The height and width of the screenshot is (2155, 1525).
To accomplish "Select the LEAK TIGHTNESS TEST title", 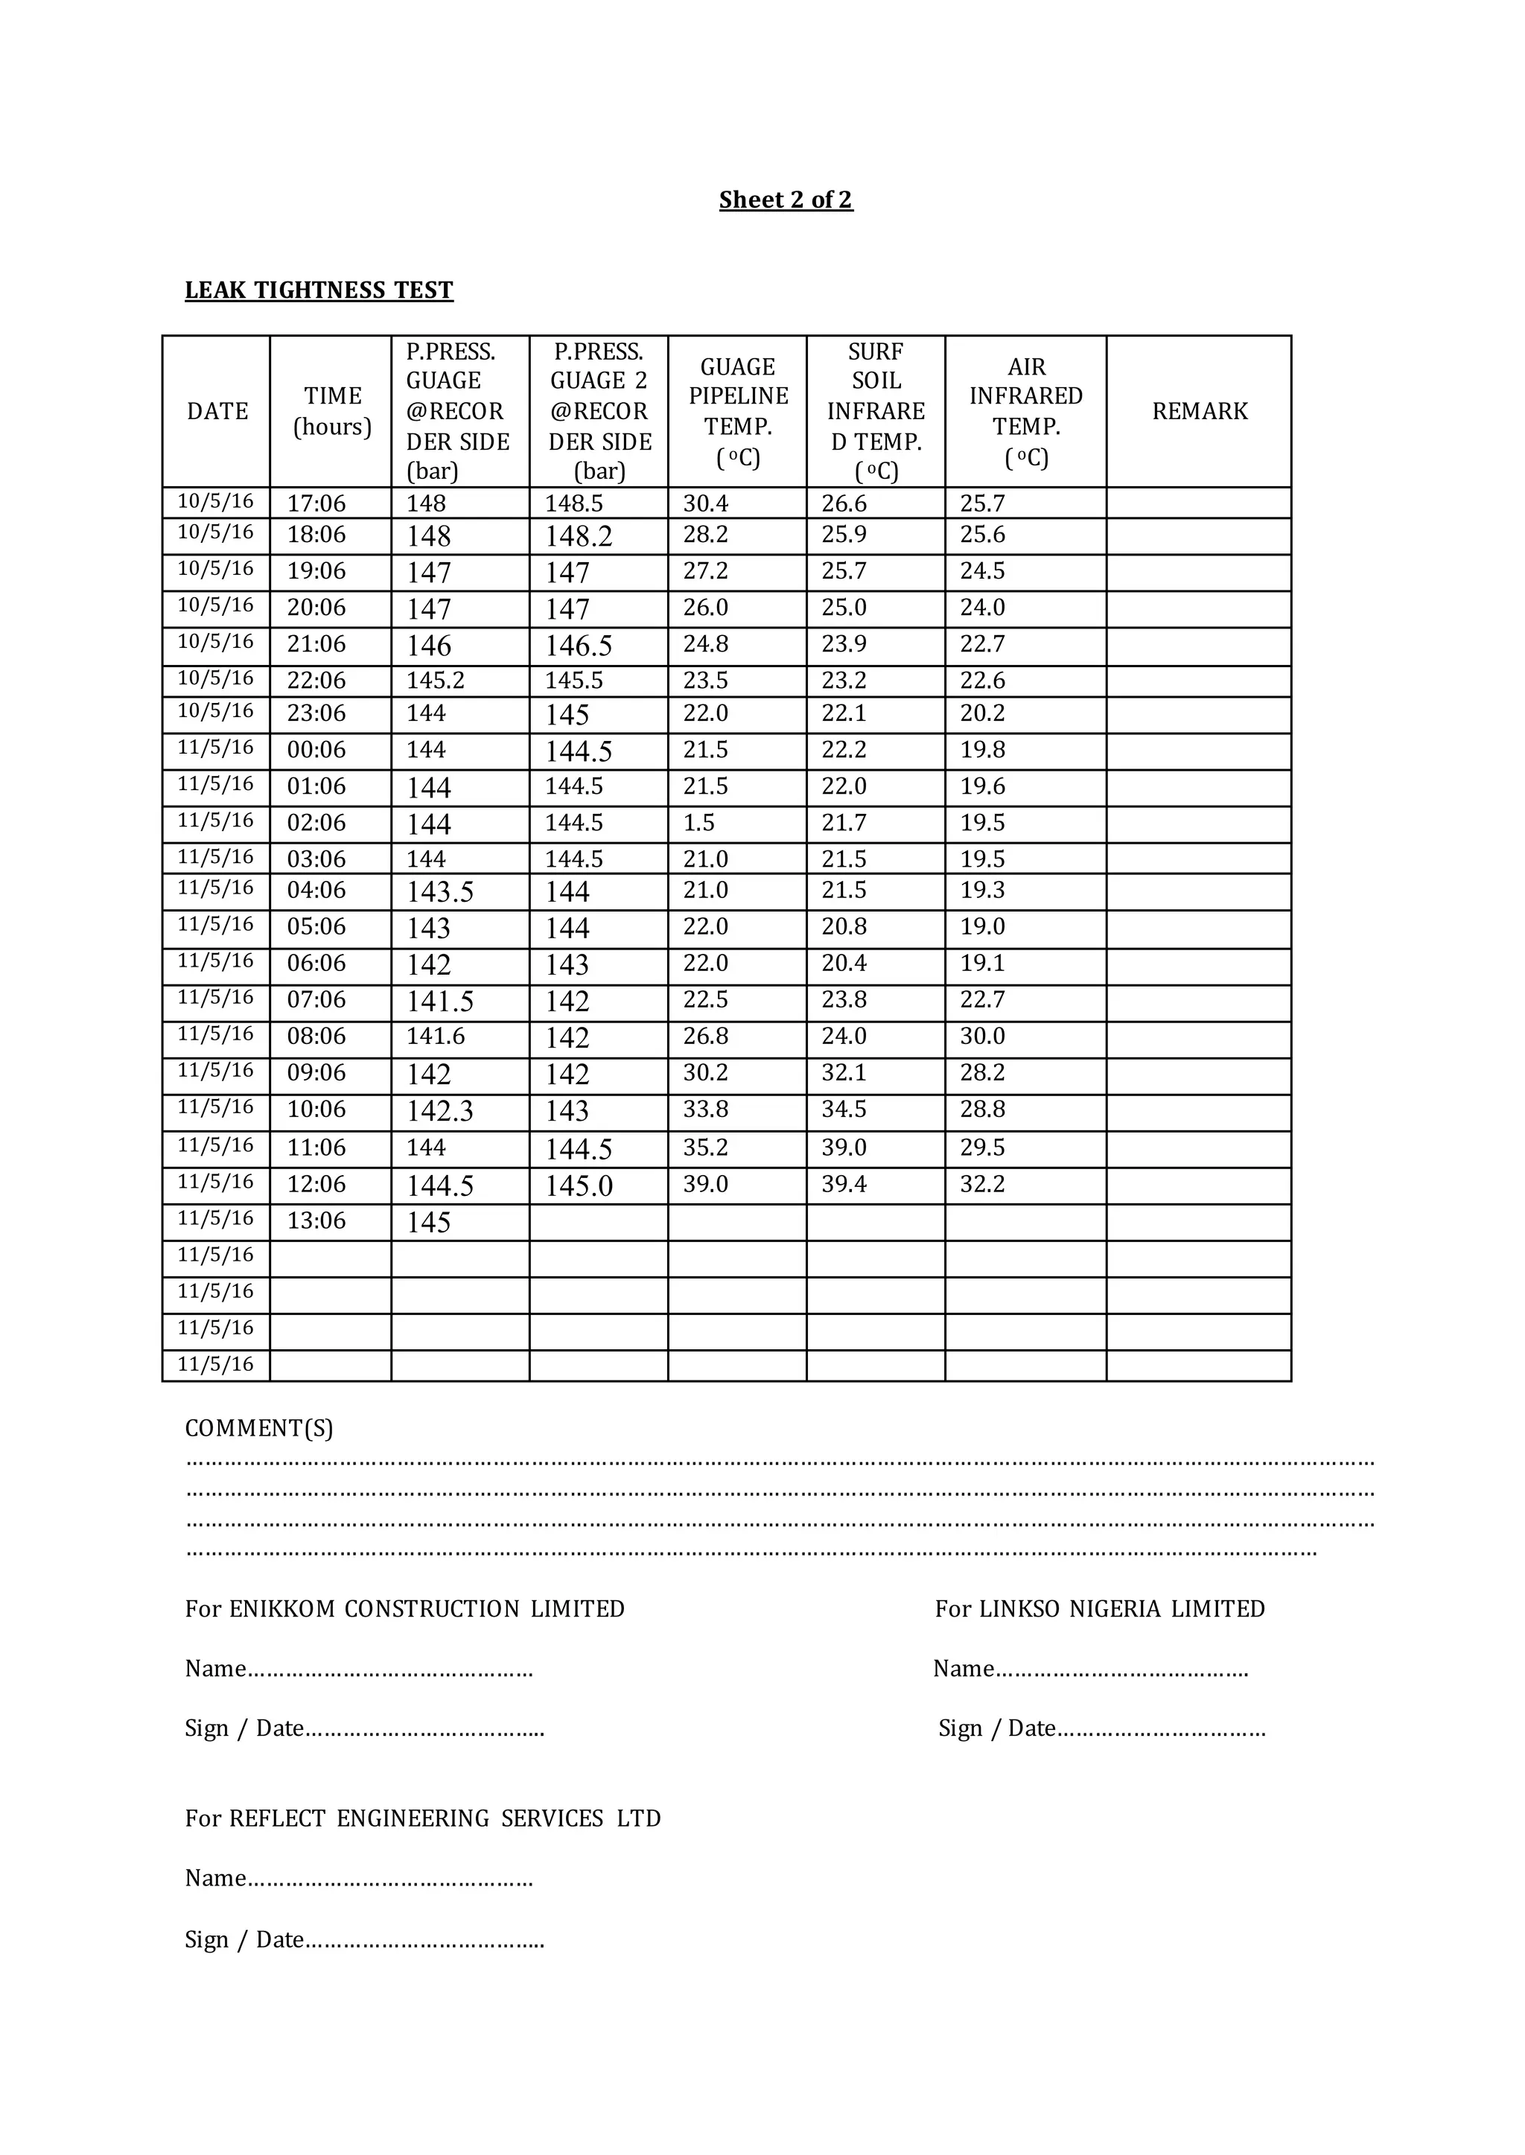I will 319,290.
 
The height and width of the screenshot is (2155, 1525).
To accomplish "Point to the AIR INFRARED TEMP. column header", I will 1025,411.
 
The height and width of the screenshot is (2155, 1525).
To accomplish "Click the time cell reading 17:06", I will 316,503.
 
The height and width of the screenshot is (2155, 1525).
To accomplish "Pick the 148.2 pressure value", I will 579,536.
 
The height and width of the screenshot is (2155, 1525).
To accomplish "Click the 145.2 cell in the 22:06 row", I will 435,680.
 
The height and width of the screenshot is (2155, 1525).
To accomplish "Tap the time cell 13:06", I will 316,1220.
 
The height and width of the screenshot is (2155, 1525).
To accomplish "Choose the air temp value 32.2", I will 982,1184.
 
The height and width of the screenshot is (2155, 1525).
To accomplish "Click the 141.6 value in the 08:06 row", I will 435,1036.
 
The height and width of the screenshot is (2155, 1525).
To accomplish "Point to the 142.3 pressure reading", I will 439,1111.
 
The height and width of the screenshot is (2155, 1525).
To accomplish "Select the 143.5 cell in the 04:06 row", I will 439,891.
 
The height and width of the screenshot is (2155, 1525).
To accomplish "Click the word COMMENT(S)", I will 259,1428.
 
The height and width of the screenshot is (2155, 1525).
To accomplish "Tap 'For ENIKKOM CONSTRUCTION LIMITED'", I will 405,1608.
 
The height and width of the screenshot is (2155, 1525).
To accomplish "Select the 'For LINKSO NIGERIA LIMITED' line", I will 1100,1608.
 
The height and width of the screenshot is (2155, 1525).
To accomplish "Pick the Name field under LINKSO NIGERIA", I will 1090,1669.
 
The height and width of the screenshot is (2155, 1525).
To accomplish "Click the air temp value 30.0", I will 982,1036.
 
